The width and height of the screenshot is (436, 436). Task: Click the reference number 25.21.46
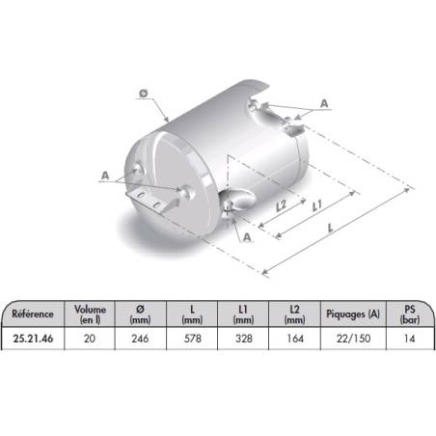coord(33,339)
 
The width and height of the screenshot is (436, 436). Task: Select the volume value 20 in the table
coord(90,339)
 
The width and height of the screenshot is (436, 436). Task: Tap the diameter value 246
coord(140,339)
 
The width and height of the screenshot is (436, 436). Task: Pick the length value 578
coord(192,339)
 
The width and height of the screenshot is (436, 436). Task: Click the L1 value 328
coord(243,339)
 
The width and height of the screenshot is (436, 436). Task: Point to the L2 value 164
coord(295,339)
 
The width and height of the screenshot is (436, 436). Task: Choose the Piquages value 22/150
coord(353,339)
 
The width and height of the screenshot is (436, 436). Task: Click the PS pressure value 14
coord(409,339)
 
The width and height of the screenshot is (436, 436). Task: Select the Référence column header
coord(33,313)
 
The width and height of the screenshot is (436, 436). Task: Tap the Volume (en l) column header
coord(90,314)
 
